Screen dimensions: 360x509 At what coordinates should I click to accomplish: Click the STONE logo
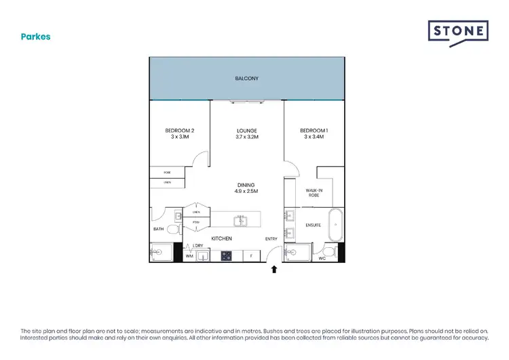(457, 33)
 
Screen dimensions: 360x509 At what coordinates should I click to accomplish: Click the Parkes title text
(35, 37)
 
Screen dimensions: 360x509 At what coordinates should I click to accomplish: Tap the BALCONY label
(246, 79)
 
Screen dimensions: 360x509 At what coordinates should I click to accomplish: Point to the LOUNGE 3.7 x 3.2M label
(246, 134)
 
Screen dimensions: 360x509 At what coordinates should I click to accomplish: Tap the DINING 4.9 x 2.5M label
(246, 188)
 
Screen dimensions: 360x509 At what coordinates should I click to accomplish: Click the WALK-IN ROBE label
(314, 194)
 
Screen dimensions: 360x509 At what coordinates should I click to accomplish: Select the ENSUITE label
(313, 225)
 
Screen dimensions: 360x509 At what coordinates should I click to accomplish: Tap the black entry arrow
(274, 270)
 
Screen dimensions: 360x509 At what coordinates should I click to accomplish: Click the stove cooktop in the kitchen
(226, 255)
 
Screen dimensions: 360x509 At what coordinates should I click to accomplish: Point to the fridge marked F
(251, 256)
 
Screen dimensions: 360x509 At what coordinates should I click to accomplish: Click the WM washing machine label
(189, 256)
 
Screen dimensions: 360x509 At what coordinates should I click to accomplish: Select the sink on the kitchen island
(240, 221)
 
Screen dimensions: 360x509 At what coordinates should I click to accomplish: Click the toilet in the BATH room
(172, 230)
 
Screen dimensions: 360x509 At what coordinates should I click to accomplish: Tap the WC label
(322, 258)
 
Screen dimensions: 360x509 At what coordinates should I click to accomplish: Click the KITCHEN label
(222, 238)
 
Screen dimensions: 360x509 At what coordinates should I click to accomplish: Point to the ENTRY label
(271, 238)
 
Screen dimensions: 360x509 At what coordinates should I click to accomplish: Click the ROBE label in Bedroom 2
(167, 173)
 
